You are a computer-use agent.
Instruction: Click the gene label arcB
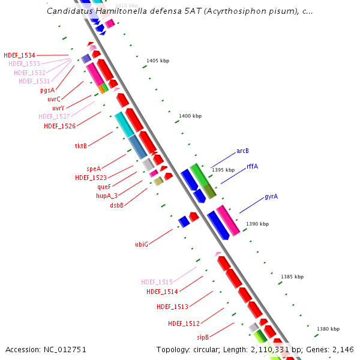[242, 151]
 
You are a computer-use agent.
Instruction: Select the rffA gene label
[252, 166]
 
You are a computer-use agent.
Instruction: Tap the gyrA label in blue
[271, 197]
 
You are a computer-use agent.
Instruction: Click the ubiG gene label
[142, 244]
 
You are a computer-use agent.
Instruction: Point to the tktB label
[81, 146]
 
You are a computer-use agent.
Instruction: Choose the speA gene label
[94, 169]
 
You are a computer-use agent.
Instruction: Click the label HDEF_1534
[19, 55]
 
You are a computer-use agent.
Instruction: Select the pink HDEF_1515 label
[157, 281]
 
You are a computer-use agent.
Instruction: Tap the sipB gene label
[203, 337]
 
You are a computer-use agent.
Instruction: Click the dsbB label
[116, 205]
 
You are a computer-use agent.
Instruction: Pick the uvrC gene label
[54, 99]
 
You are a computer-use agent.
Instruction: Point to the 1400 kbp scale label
[190, 116]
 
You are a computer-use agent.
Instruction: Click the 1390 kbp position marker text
[257, 224]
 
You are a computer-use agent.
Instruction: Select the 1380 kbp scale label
[328, 329]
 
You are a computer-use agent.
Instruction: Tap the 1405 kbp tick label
[158, 61]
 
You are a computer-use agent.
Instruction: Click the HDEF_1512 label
[184, 323]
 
